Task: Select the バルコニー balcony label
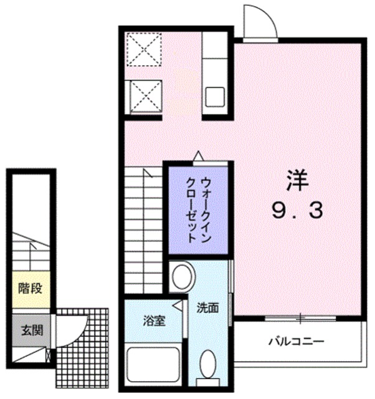tap(296, 342)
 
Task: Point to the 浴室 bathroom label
tap(154, 322)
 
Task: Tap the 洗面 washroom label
tap(208, 307)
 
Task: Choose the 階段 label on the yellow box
tap(30, 289)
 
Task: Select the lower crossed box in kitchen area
tap(145, 97)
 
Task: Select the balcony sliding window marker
tap(300, 318)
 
